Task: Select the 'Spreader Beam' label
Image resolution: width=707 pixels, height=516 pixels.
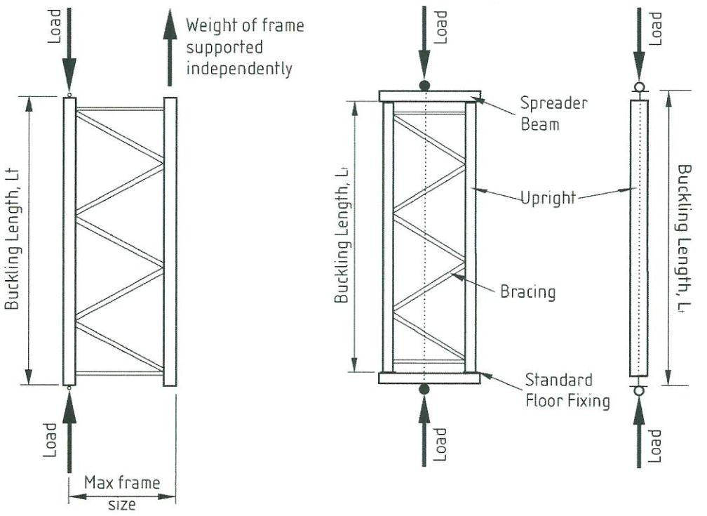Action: pyautogui.click(x=553, y=113)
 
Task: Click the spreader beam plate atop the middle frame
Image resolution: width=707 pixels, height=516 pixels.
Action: pyautogui.click(x=430, y=96)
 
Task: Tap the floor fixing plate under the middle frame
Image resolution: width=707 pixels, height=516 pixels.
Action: pyautogui.click(x=429, y=378)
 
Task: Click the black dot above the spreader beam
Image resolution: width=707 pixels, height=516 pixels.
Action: pyautogui.click(x=424, y=86)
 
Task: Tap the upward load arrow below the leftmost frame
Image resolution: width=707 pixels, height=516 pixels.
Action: pyautogui.click(x=69, y=432)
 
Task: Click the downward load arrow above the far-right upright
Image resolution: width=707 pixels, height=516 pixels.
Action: pyautogui.click(x=639, y=49)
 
